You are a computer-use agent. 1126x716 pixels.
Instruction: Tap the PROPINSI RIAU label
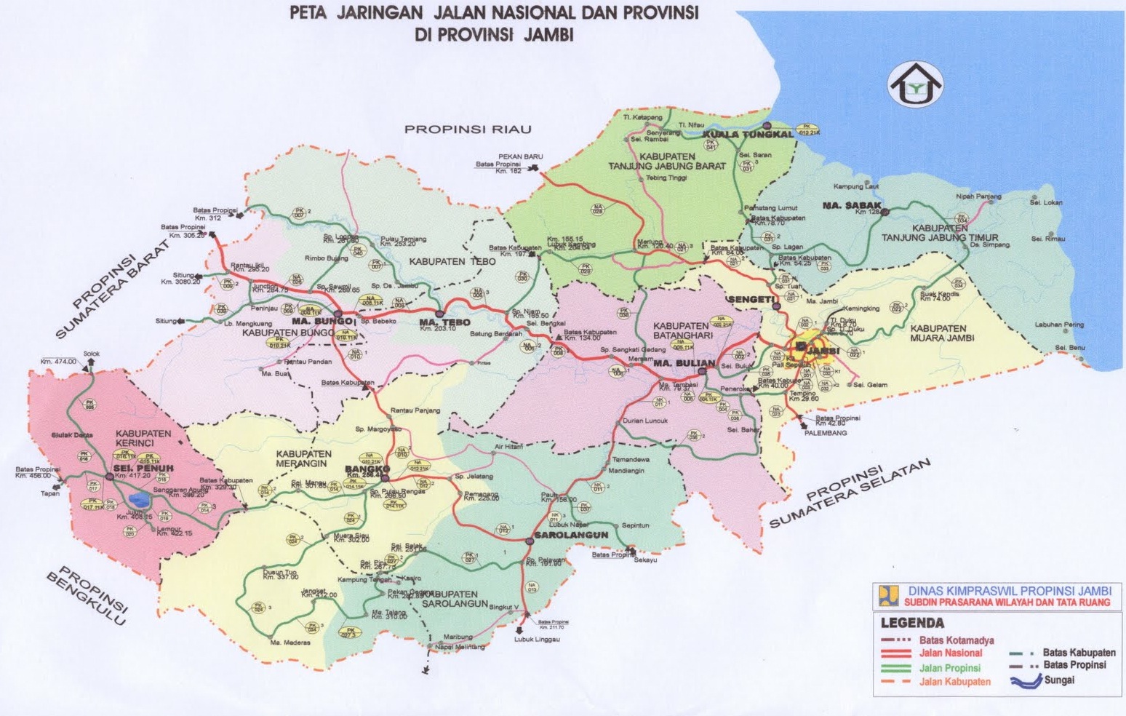pos(468,130)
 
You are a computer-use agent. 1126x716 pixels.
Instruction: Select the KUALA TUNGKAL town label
pos(748,135)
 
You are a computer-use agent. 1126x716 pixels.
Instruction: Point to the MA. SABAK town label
pos(852,206)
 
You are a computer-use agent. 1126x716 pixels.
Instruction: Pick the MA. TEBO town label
pos(444,322)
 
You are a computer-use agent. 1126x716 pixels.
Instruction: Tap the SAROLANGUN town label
pos(571,535)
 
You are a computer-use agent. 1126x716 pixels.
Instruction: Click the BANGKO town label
pos(363,469)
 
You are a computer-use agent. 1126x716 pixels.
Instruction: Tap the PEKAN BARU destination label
pos(520,156)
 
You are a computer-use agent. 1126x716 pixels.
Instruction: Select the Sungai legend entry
pos(1059,680)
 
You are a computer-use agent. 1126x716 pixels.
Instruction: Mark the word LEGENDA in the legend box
pos(912,623)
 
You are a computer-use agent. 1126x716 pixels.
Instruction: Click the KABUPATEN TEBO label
pos(452,261)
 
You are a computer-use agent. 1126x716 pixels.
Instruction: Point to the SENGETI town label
pos(750,300)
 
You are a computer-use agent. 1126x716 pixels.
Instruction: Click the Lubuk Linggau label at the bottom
pos(537,639)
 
